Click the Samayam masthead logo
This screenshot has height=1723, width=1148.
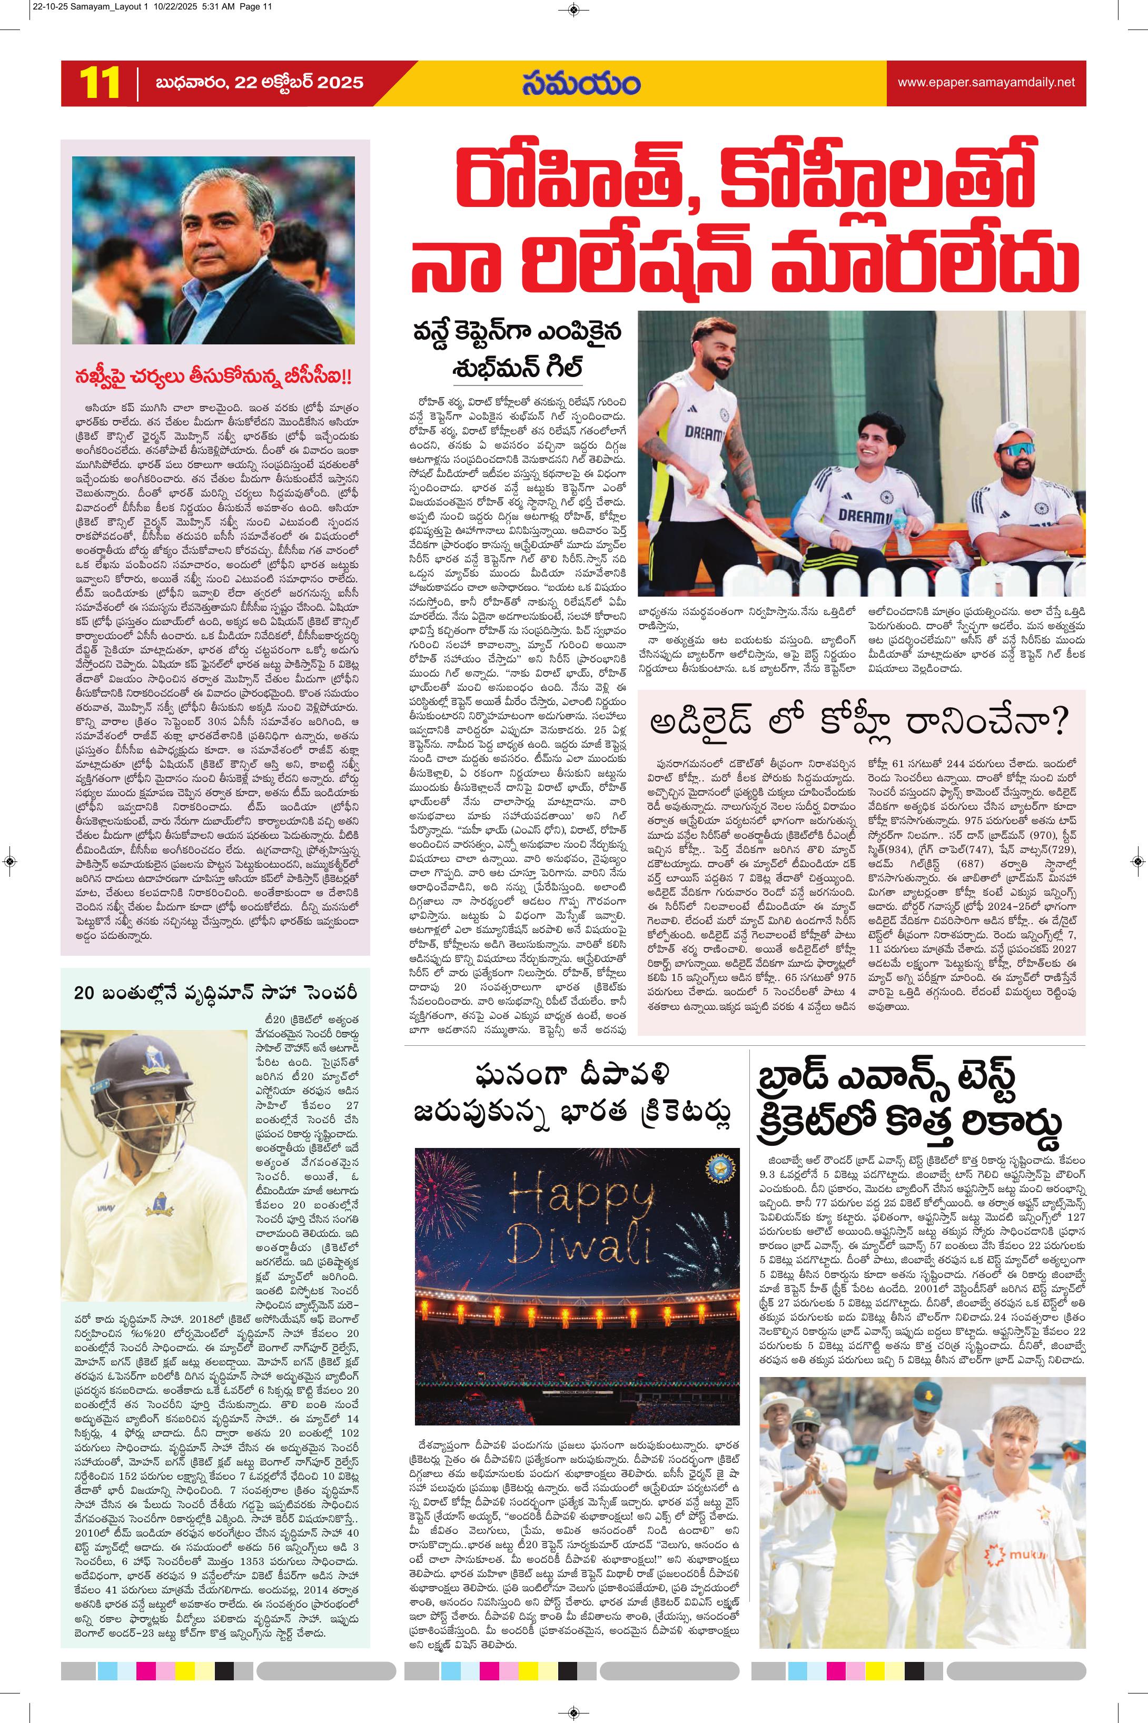pyautogui.click(x=581, y=83)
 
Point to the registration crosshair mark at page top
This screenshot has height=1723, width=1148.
pyautogui.click(x=573, y=9)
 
